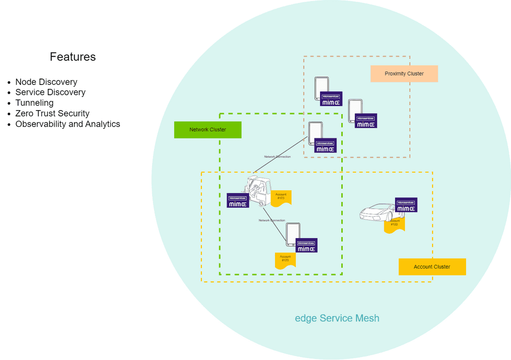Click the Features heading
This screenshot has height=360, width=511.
[73, 57]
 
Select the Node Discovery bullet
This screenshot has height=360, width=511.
[46, 82]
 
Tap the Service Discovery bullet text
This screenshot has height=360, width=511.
[50, 92]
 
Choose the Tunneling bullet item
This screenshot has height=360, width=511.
[34, 103]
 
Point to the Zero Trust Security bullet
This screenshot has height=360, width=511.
[52, 114]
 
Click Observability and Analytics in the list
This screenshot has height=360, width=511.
[68, 124]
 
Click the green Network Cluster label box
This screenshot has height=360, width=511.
[207, 130]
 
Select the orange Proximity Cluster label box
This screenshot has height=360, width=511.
[404, 74]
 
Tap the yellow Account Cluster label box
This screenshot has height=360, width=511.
[432, 267]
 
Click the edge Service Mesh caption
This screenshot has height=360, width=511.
[337, 318]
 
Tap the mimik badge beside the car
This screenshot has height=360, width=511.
[406, 205]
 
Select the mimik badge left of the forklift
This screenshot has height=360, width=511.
[237, 200]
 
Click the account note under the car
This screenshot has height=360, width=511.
[394, 225]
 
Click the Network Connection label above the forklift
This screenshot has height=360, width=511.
[277, 157]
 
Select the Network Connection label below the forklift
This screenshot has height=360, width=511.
[272, 220]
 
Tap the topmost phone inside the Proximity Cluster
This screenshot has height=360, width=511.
[321, 87]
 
